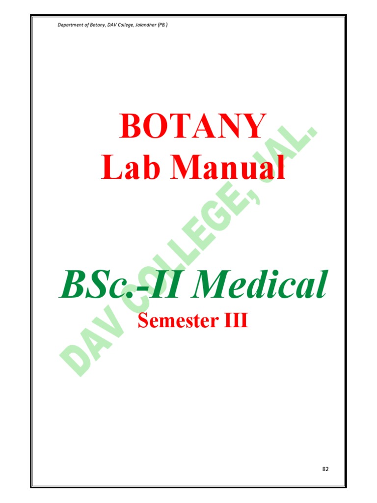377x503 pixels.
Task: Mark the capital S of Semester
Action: click(x=143, y=321)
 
